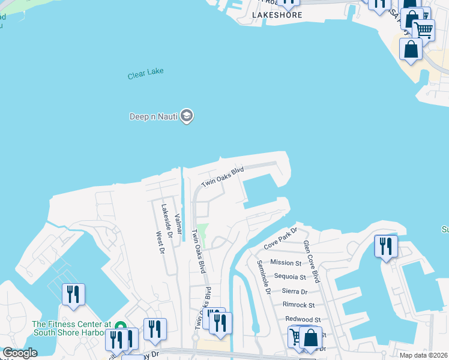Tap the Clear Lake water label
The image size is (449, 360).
pos(145,75)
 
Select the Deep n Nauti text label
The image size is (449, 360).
pos(154,116)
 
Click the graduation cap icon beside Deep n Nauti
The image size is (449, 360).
pos(187,116)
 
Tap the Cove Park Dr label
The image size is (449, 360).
pos(280,239)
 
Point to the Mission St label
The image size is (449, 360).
pos(286,263)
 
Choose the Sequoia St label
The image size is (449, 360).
pos(290,277)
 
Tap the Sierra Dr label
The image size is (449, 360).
pos(295,292)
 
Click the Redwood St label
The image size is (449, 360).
pos(303,320)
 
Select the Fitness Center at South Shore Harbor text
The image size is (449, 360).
pos(71,328)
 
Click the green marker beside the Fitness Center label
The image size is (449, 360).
pos(120,326)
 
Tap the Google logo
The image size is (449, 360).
pos(20,353)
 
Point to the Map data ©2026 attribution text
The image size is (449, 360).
pos(423,355)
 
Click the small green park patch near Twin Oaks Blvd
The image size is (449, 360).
pos(203,235)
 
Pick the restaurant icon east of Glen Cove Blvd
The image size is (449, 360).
pos(385,246)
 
